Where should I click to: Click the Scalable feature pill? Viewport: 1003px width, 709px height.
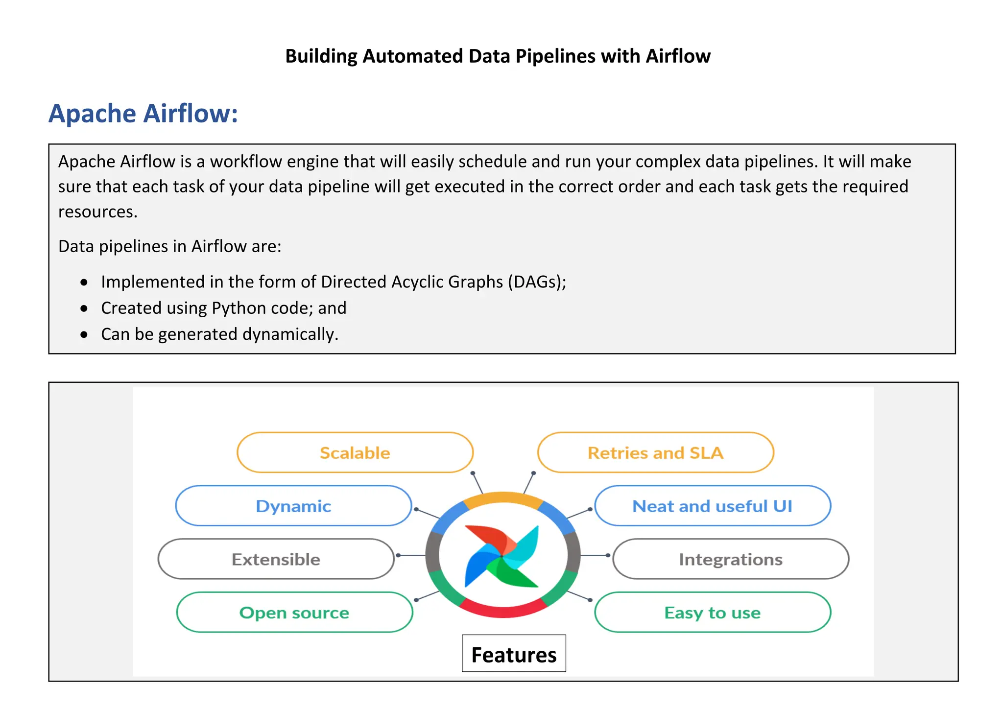click(355, 453)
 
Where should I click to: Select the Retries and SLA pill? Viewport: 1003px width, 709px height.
click(655, 453)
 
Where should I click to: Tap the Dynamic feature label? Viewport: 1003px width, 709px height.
click(293, 506)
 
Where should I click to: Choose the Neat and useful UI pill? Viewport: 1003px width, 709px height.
click(712, 506)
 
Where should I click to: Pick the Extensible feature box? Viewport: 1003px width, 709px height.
click(276, 559)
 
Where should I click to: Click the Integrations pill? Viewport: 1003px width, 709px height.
click(730, 559)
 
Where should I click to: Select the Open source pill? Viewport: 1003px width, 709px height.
click(294, 613)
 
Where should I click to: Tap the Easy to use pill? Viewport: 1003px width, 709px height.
click(712, 613)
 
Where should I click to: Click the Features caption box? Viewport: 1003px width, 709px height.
click(514, 654)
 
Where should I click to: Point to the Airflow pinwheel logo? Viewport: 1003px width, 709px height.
click(502, 556)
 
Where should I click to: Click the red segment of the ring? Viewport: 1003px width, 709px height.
click(503, 610)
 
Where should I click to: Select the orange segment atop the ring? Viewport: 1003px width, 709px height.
click(503, 499)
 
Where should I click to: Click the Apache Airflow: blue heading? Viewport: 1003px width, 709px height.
click(143, 114)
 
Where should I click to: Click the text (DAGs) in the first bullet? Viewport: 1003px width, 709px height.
click(537, 282)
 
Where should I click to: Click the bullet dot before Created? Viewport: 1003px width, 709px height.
click(84, 308)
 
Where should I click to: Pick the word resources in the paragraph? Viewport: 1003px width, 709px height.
click(97, 212)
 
